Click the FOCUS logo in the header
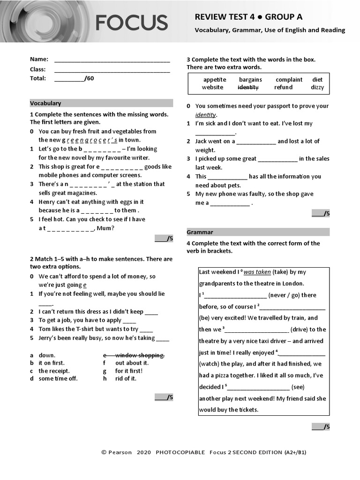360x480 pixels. pyautogui.click(x=131, y=22)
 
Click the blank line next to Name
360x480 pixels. pyautogui.click(x=112, y=60)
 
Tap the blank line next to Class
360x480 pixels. pyautogui.click(x=112, y=70)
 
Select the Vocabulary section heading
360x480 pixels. pyautogui.click(x=45, y=103)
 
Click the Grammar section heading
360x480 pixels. pyautogui.click(x=200, y=232)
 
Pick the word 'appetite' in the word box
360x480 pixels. pyautogui.click(x=215, y=80)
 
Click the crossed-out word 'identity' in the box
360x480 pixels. pyautogui.click(x=248, y=88)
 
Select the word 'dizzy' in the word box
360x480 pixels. pyautogui.click(x=317, y=88)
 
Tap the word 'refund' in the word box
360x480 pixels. pyautogui.click(x=283, y=88)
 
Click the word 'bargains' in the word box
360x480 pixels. pyautogui.click(x=250, y=80)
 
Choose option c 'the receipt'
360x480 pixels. pyautogui.click(x=54, y=371)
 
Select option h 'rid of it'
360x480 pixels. pyautogui.click(x=126, y=379)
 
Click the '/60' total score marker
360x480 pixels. pyautogui.click(x=89, y=78)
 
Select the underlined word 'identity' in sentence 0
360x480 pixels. pyautogui.click(x=205, y=115)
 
